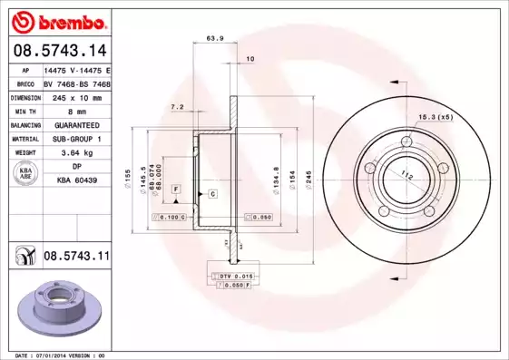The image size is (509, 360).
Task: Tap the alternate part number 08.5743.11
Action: pyautogui.click(x=76, y=258)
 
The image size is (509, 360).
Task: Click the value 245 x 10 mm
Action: pyautogui.click(x=76, y=97)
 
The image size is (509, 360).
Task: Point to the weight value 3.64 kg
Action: pyautogui.click(x=76, y=153)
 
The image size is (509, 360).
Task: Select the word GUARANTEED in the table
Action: pyautogui.click(x=76, y=125)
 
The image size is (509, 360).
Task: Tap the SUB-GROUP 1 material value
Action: pyautogui.click(x=76, y=139)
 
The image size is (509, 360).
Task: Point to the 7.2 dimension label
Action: pyautogui.click(x=178, y=106)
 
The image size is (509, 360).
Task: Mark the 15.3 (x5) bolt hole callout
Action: pyautogui.click(x=436, y=116)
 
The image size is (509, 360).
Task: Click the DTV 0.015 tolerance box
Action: pyautogui.click(x=231, y=274)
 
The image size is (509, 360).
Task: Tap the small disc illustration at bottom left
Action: pyautogui.click(x=63, y=303)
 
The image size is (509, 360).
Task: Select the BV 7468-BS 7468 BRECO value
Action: pyautogui.click(x=76, y=83)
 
